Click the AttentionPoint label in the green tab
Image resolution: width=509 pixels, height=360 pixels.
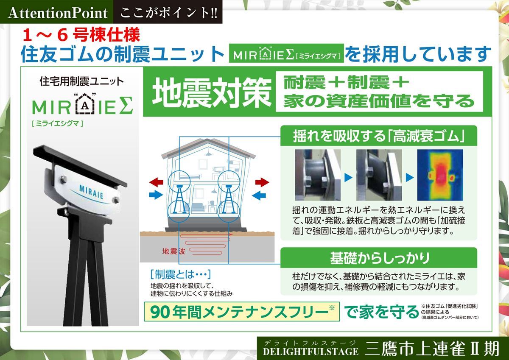click(x=58, y=13)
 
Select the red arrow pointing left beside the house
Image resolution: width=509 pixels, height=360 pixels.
click(x=156, y=182)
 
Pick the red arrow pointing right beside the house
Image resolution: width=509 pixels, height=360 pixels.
click(x=262, y=182)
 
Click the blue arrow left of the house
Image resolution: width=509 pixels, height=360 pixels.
click(x=156, y=195)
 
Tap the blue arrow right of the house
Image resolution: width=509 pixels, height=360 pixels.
click(x=259, y=195)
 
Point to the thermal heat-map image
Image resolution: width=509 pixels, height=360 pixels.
click(x=440, y=175)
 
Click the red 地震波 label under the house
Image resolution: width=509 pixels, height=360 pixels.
click(x=173, y=251)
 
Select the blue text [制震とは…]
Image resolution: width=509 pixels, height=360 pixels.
click(x=181, y=275)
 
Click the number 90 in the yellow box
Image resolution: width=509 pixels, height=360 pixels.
click(x=160, y=313)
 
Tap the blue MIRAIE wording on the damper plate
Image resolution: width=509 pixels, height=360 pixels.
click(x=91, y=192)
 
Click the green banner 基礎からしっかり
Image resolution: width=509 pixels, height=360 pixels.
click(x=379, y=258)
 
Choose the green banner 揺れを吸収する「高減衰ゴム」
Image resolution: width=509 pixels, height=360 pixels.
click(x=379, y=136)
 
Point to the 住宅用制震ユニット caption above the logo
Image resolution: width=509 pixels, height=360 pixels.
click(x=82, y=81)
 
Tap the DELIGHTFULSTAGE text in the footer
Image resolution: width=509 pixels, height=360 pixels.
click(x=310, y=352)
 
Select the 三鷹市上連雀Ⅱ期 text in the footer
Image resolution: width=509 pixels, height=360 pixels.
click(x=432, y=349)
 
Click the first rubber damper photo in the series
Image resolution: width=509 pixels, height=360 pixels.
click(x=318, y=175)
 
